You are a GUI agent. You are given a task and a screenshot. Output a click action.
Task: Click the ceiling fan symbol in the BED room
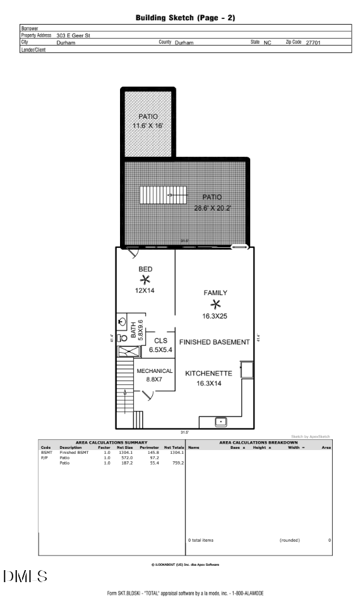(x=145, y=280)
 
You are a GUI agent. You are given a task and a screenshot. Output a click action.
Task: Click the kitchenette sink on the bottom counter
(x=221, y=420)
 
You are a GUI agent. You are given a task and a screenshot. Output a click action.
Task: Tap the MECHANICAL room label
(x=155, y=370)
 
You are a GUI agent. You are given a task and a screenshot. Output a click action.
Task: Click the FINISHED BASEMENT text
(x=215, y=342)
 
